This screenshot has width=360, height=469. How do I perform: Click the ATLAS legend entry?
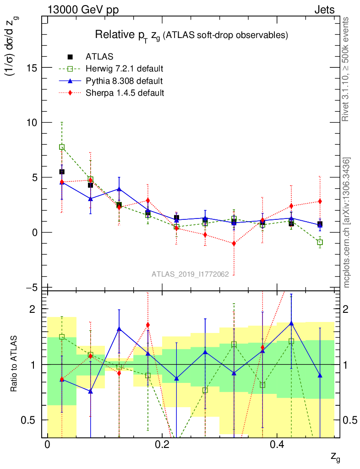[x=99, y=57]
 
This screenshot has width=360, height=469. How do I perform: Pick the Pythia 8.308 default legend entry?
[x=124, y=81]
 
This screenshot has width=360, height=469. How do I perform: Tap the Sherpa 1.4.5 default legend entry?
[x=125, y=93]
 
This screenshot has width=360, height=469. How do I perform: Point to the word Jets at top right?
[x=324, y=10]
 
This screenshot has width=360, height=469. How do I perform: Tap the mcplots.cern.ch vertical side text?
[x=347, y=222]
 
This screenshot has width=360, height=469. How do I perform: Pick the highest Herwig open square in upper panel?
[x=62, y=147]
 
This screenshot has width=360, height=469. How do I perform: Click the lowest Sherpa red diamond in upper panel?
[x=234, y=243]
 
